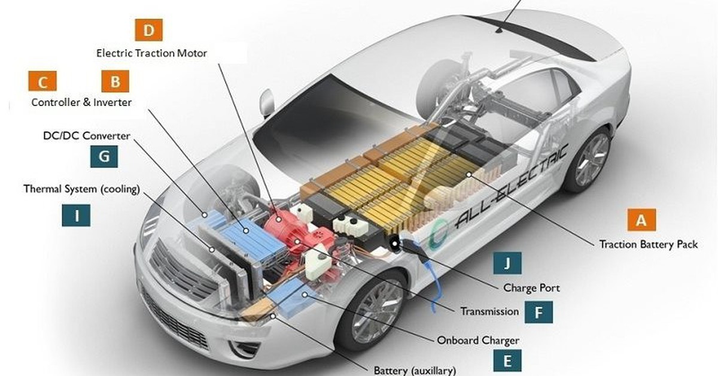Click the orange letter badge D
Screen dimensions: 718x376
149,30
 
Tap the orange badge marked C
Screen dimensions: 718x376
42,81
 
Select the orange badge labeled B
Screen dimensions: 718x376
115,81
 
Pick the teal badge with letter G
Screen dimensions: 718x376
104,156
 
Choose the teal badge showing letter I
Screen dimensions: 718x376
77,216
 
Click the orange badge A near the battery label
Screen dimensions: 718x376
641,220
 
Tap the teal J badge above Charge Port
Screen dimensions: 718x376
507,263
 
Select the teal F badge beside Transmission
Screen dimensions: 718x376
538,312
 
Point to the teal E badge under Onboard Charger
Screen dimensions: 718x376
507,361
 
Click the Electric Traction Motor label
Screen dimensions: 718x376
151,53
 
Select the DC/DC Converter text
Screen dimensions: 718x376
87,136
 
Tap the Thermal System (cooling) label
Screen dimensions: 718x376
82,189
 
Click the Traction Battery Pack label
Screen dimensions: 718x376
649,244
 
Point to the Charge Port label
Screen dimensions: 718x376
531,288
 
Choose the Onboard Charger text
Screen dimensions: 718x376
478,341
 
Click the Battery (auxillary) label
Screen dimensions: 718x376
415,371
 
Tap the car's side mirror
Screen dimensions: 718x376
267,102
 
